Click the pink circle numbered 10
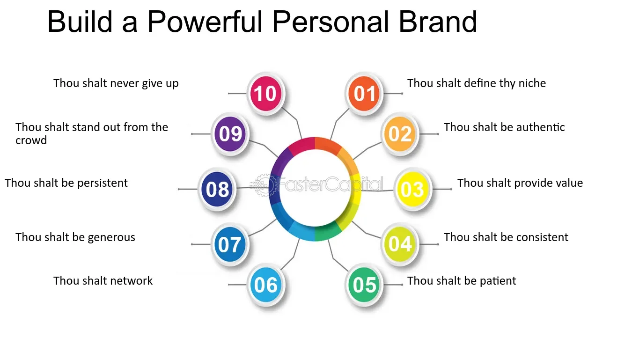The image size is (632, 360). point(266,93)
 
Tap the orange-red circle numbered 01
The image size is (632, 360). point(364,93)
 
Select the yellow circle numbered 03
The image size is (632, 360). point(413,189)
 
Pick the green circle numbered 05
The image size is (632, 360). point(364,285)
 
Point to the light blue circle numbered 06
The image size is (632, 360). point(266,285)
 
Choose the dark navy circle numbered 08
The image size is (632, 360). point(217,189)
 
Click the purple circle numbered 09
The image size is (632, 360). point(230,134)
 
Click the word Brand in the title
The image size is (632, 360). point(438,22)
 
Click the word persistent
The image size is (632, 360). point(103,184)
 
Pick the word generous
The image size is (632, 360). point(111,238)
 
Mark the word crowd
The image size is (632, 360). point(31,140)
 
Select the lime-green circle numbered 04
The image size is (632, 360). point(400,244)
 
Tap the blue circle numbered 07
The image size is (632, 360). point(230,244)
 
